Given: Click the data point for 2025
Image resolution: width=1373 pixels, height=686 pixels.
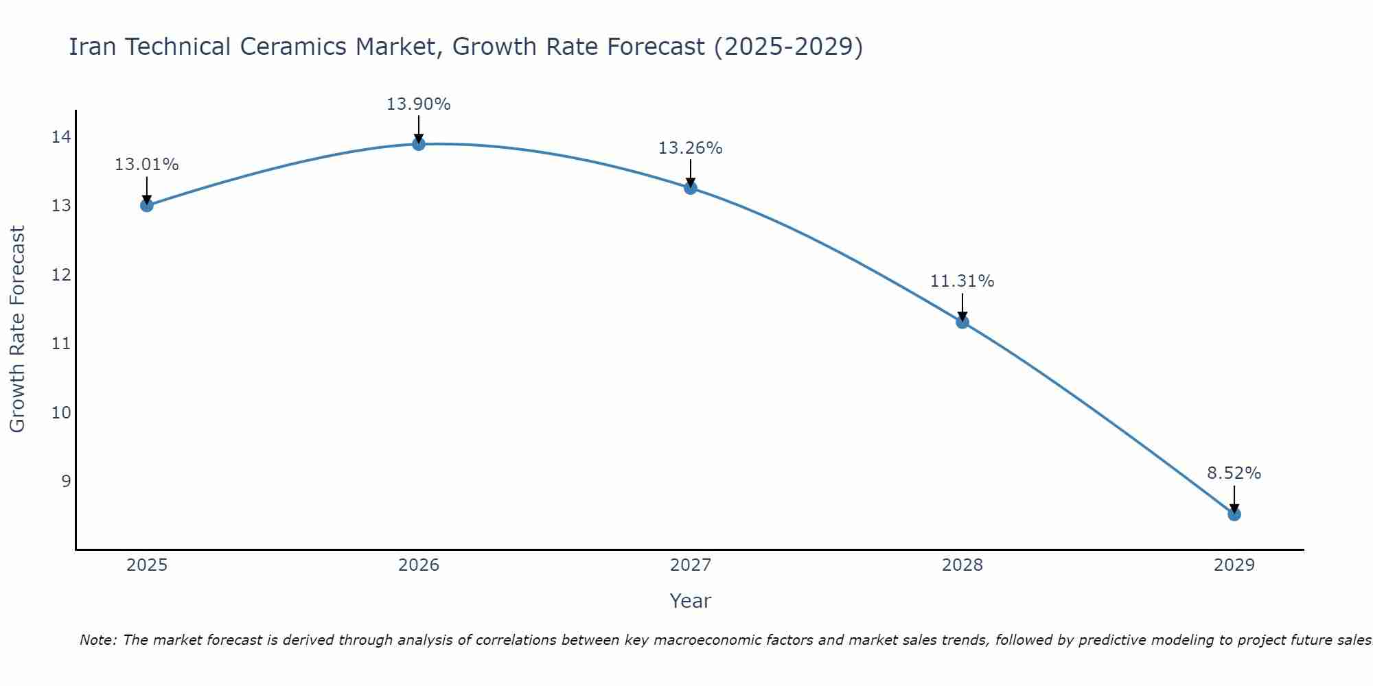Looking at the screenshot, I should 147,205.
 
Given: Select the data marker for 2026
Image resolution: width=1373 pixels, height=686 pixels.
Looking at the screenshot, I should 419,143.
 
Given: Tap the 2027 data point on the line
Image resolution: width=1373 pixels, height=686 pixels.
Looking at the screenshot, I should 691,188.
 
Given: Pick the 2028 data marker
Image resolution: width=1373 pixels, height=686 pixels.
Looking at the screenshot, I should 962,322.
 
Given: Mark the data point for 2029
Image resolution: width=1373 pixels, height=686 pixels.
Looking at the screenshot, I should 1234,514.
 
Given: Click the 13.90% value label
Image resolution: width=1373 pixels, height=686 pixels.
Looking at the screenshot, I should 419,104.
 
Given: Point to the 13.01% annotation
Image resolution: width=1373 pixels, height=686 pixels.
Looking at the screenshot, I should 147,165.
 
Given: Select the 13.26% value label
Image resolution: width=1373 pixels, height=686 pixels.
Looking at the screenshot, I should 691,148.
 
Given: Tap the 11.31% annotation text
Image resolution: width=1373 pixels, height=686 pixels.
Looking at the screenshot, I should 962,281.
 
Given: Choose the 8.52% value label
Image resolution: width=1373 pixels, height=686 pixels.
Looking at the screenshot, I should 1234,473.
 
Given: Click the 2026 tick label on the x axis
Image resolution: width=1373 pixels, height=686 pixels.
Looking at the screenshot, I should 419,565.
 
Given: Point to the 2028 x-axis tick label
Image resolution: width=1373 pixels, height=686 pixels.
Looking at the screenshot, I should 962,565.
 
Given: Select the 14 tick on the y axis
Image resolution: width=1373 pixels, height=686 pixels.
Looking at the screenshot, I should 61,137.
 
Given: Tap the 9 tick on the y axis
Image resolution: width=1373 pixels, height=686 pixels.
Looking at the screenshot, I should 66,481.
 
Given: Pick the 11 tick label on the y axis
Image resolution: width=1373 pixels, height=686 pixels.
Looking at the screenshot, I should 61,344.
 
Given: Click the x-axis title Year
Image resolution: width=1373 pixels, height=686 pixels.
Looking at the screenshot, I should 691,601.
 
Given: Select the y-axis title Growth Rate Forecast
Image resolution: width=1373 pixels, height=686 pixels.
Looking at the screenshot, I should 18,329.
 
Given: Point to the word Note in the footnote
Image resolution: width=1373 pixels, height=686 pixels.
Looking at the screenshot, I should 97,640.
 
